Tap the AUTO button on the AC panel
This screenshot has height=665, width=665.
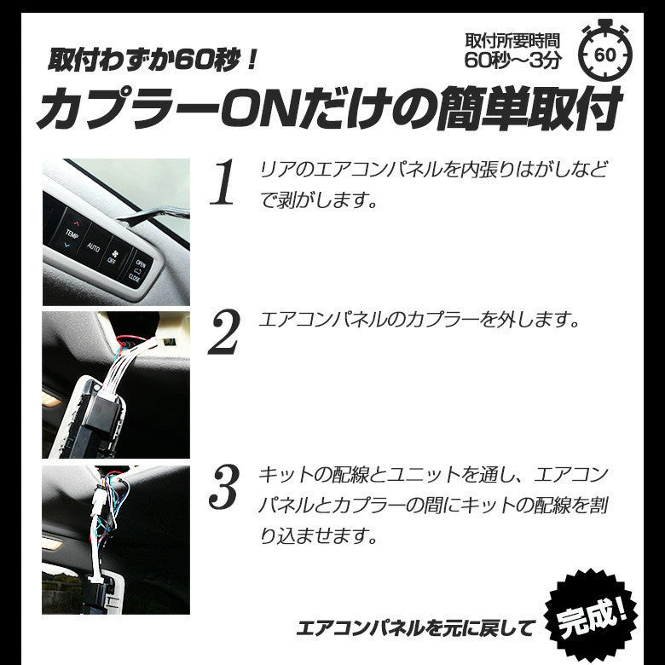(93, 246)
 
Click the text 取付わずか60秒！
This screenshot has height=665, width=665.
(151, 61)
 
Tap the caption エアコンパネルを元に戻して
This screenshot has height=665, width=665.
(416, 629)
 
